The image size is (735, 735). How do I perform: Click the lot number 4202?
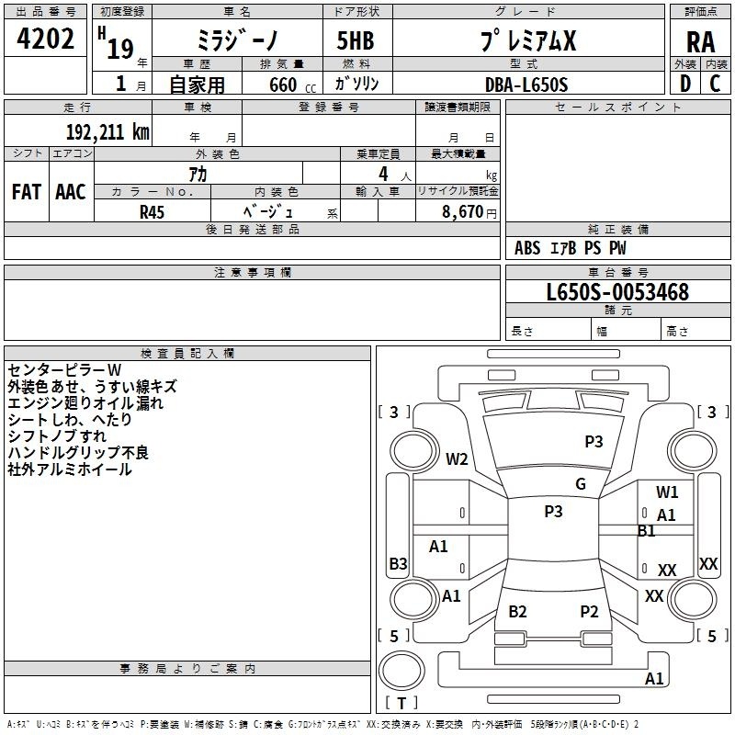45,39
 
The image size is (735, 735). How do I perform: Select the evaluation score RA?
700,42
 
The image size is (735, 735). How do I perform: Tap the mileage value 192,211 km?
107,132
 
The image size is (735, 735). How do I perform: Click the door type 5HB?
356,40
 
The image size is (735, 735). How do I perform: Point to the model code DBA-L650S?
526,85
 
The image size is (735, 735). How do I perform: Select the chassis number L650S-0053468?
617,292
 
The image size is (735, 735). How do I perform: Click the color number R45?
152,212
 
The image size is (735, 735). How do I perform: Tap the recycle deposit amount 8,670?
462,211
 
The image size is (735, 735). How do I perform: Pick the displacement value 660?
283,85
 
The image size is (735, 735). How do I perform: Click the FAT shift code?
27,192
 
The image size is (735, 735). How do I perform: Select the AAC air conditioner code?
71,192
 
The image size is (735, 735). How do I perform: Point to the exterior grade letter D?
685,84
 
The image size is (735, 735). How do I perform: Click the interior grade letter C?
715,84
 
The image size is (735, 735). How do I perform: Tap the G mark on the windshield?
581,484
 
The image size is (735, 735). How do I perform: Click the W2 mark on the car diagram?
457,458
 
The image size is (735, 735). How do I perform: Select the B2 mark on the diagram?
517,611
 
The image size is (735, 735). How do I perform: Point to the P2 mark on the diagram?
589,611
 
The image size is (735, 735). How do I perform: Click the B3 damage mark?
398,563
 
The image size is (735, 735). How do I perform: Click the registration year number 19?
120,49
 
